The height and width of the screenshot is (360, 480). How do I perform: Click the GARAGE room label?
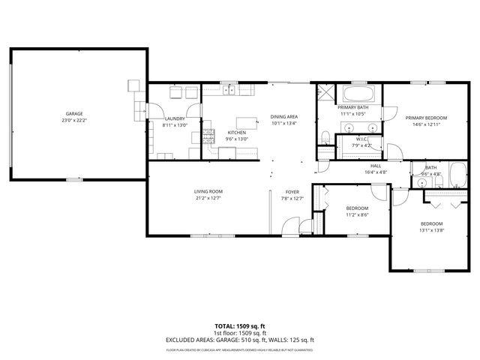73,112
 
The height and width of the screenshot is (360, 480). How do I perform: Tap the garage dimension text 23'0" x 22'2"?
73,119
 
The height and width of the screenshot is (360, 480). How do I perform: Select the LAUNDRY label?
175,118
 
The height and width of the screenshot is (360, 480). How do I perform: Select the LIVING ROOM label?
208,191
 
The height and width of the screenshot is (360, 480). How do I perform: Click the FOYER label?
292,192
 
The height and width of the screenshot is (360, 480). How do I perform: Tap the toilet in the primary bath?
325,137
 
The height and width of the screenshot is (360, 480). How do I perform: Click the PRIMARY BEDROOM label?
426,118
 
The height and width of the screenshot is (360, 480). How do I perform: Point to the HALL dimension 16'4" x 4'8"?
376,172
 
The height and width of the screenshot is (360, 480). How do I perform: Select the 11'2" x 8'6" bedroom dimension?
357,214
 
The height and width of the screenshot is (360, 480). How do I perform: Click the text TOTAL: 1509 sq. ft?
239,327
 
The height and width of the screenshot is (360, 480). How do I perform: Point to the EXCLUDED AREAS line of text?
239,340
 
